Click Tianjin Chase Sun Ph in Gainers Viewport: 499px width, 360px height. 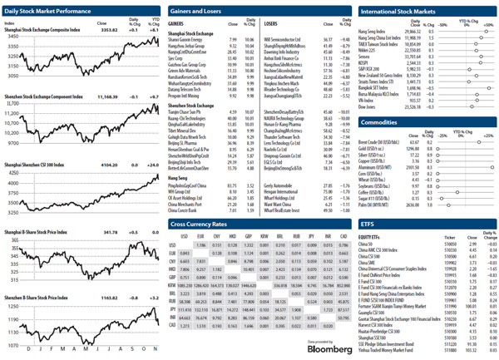188,111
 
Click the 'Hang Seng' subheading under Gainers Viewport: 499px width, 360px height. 178,177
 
